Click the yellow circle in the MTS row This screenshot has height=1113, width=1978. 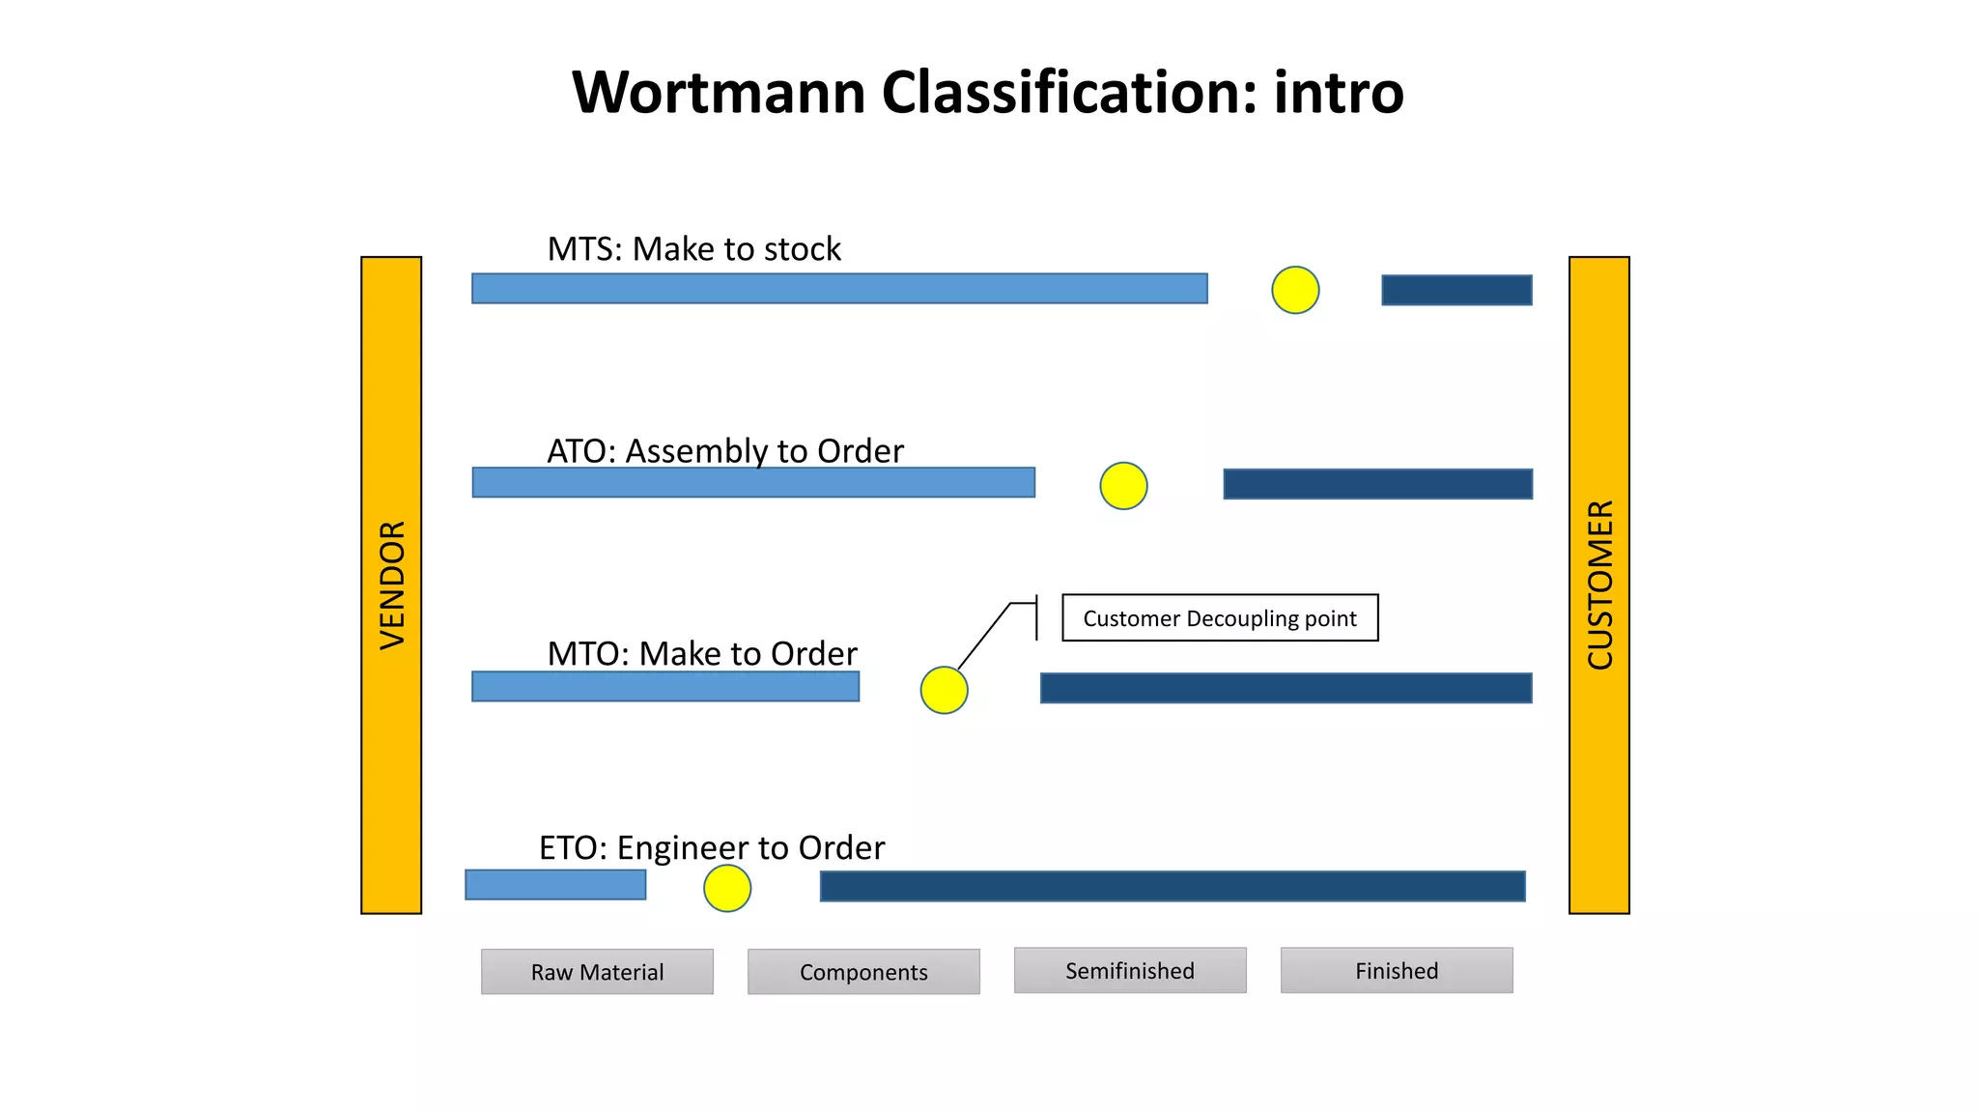point(1295,290)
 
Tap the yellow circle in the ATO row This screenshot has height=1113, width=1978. point(1123,485)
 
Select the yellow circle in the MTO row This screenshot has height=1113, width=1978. point(944,690)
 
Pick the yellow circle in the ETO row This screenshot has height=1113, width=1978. point(727,888)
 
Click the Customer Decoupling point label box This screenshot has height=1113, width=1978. point(1220,618)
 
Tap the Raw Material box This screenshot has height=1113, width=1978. point(597,971)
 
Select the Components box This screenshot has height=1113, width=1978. point(863,971)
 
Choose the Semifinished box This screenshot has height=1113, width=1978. point(1130,970)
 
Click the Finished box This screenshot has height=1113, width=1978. point(1397,970)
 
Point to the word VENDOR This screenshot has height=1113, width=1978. point(392,585)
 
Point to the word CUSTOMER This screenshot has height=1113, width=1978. point(1599,585)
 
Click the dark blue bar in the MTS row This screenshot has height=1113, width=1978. point(1456,290)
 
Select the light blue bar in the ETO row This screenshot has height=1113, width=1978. point(555,884)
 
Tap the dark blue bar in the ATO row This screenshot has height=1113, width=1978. point(1377,484)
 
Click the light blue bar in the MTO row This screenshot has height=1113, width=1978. point(665,687)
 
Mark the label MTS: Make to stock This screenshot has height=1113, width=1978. point(693,249)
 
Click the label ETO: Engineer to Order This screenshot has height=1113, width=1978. point(712,847)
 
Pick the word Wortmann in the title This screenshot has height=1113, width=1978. point(719,93)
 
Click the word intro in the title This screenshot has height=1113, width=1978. point(1339,93)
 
